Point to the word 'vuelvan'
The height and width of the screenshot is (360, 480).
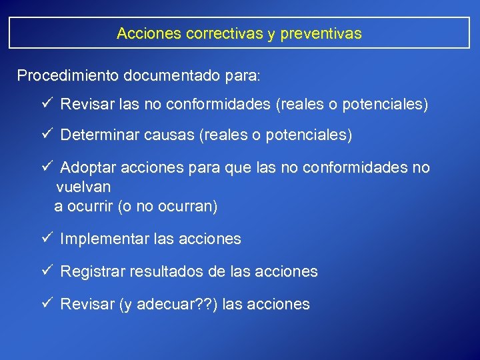pyautogui.click(x=83, y=187)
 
